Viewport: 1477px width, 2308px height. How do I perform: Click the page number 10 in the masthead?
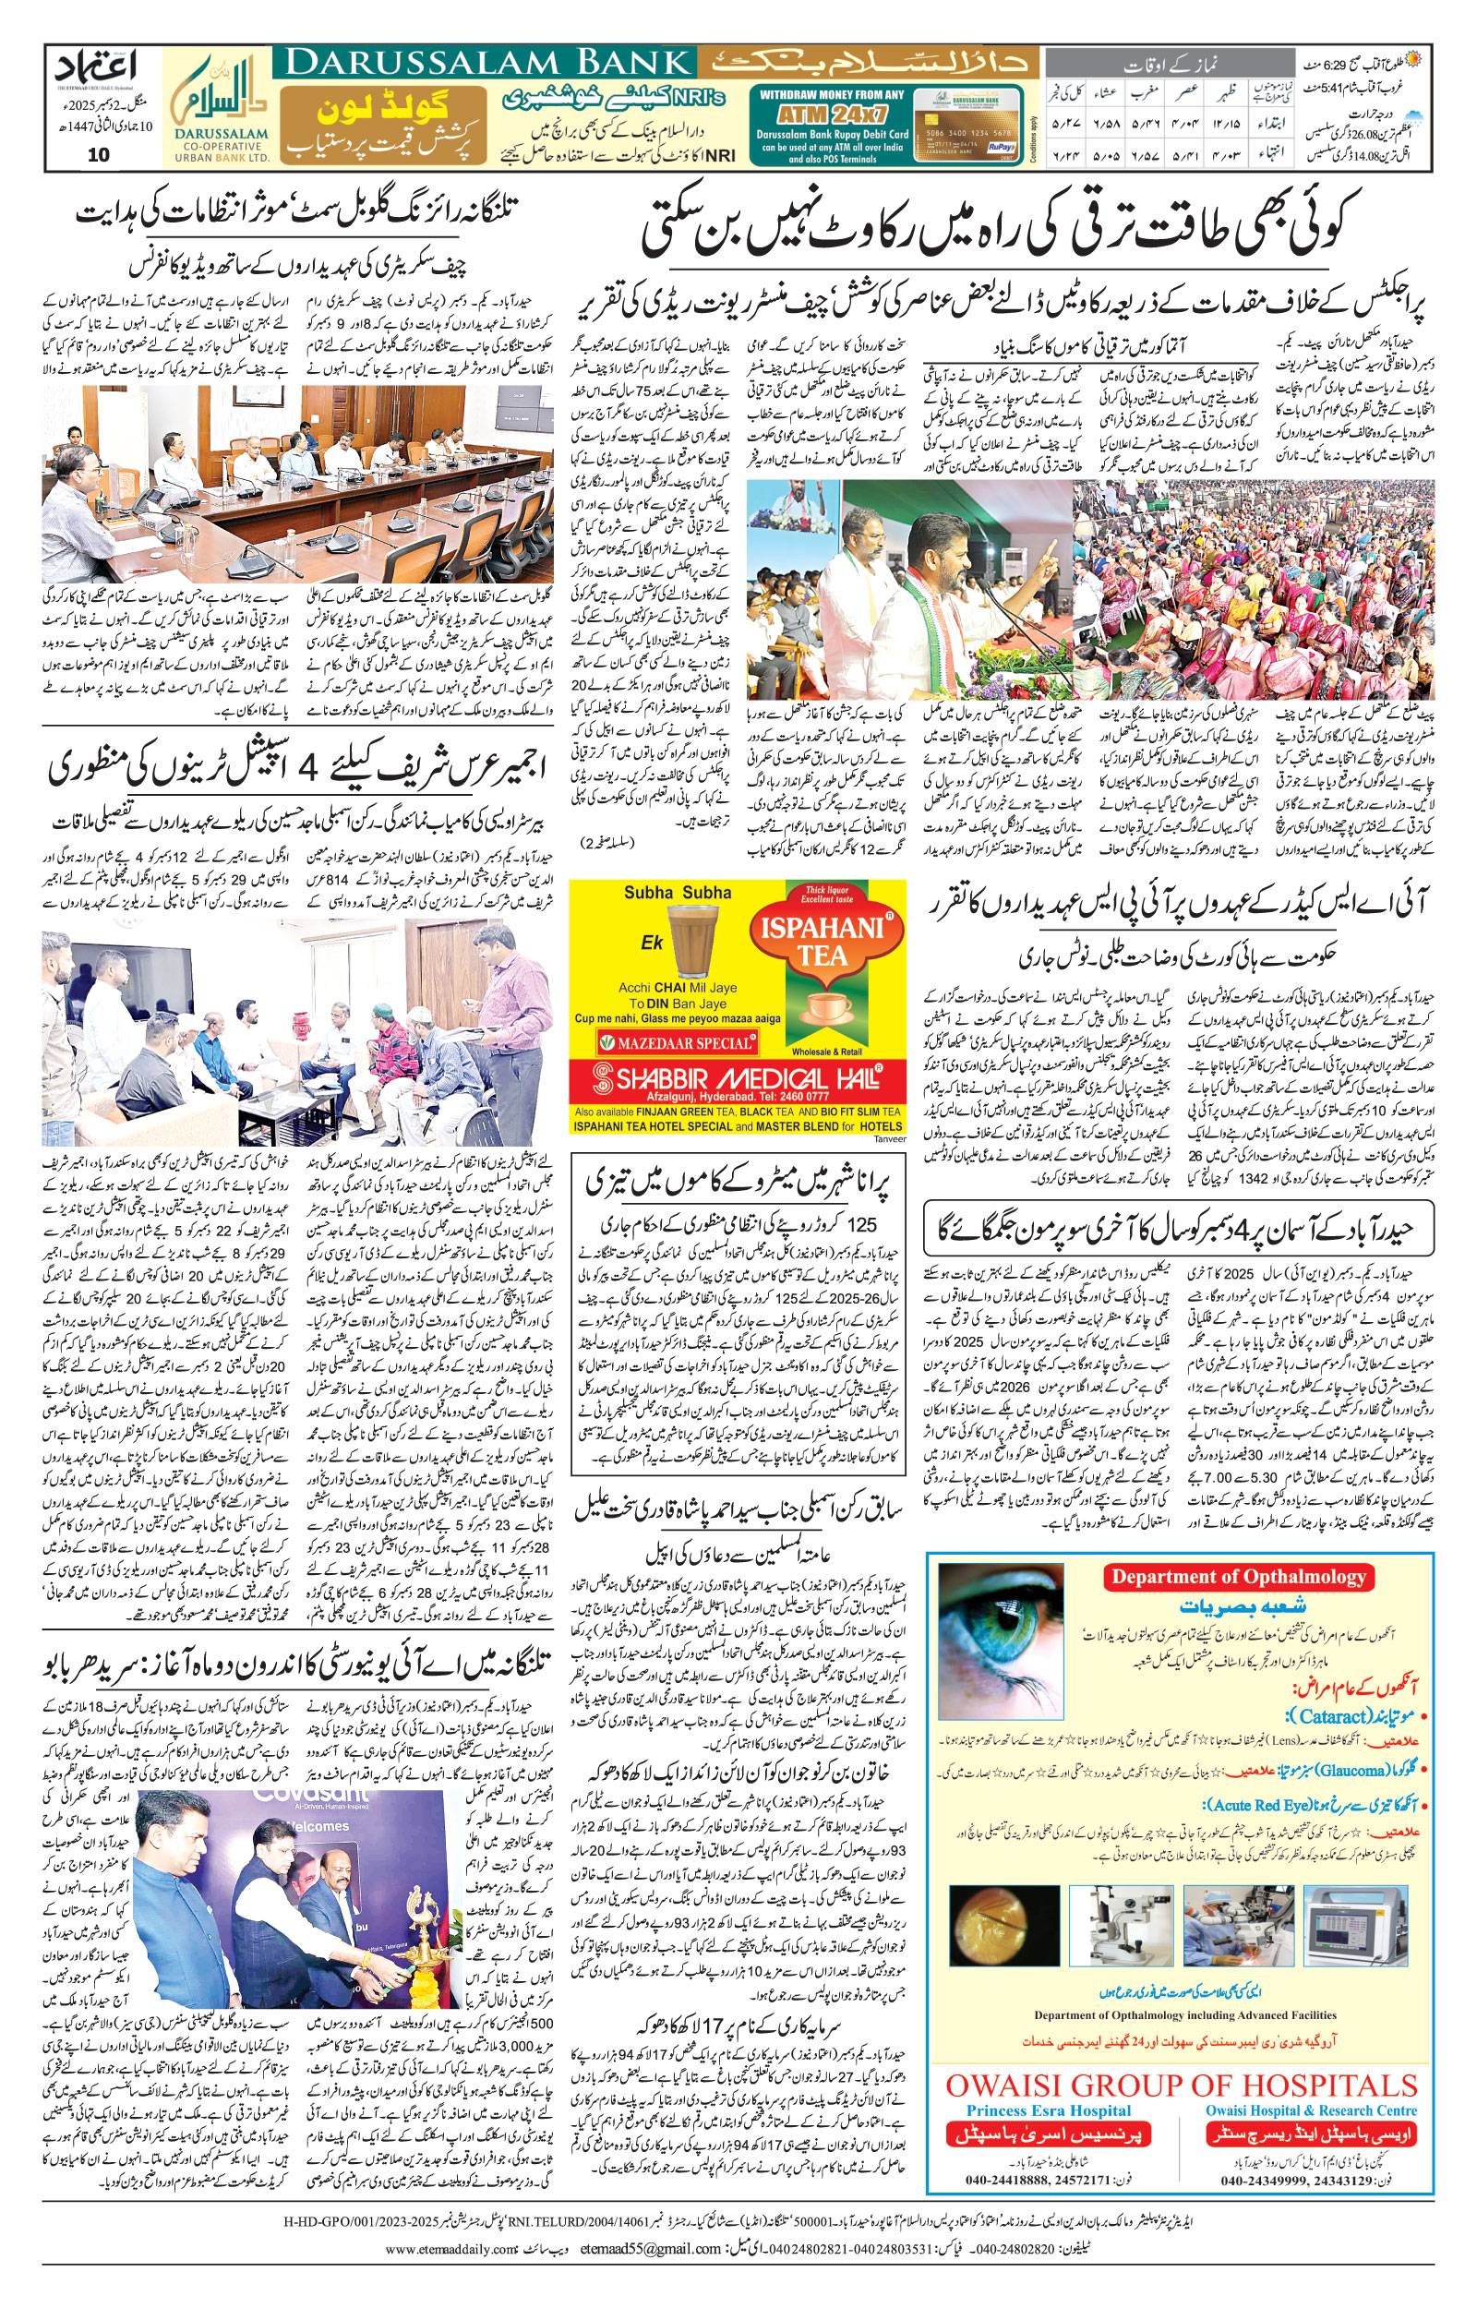[x=98, y=155]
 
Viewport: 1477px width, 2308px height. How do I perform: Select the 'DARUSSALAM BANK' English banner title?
[x=488, y=64]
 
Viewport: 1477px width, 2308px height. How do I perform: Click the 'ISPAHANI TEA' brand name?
[x=822, y=941]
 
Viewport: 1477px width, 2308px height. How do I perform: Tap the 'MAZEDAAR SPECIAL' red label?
[x=678, y=1042]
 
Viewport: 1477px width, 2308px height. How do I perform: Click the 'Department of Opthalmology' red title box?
[x=1238, y=1577]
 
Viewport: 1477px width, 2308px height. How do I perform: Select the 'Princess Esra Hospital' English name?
[x=1049, y=2110]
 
